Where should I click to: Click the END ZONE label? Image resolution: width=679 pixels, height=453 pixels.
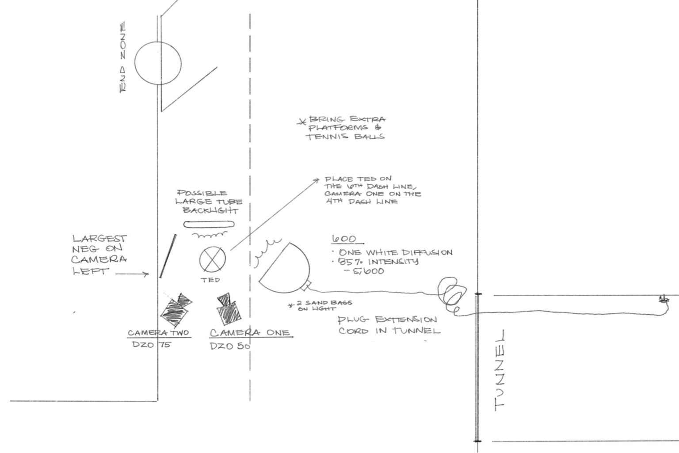click(x=123, y=57)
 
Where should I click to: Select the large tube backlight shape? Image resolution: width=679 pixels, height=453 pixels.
click(x=209, y=224)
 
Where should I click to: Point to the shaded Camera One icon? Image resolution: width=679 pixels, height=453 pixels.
click(x=228, y=309)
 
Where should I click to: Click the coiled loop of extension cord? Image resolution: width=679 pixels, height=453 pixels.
click(x=451, y=294)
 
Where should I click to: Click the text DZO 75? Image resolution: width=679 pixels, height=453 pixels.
click(x=152, y=345)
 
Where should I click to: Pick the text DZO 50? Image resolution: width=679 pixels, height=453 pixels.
click(x=230, y=346)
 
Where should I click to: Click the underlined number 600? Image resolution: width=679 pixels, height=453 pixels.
click(x=344, y=239)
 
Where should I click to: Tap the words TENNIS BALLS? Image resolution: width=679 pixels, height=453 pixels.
click(x=345, y=137)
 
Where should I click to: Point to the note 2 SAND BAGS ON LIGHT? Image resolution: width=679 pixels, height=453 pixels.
click(x=320, y=305)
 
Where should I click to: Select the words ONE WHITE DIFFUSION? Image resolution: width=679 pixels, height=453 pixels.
click(x=395, y=252)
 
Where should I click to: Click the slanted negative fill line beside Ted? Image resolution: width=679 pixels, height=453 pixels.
click(x=168, y=256)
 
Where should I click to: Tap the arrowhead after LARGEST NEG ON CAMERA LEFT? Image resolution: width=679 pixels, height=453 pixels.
click(x=147, y=274)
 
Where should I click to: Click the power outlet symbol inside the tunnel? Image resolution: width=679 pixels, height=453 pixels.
click(x=664, y=299)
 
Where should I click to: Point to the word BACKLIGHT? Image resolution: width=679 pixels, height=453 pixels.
click(x=210, y=211)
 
